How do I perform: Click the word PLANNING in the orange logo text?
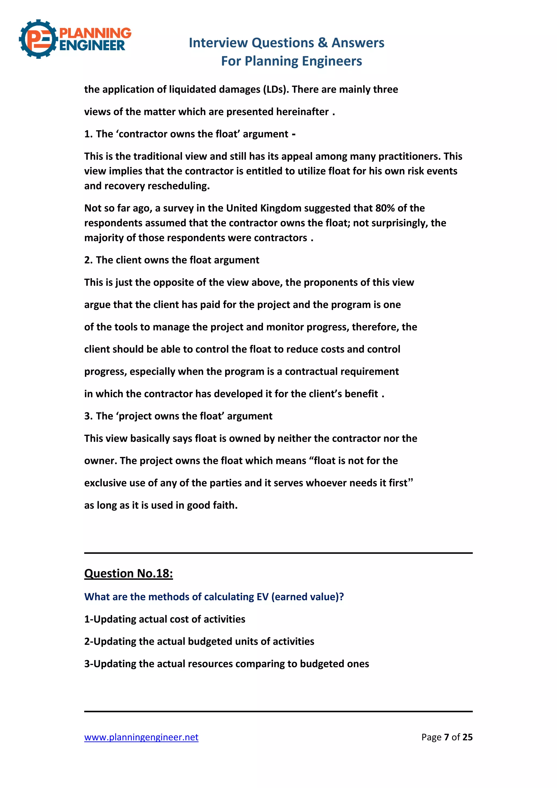click(95, 33)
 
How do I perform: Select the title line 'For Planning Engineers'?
click(291, 61)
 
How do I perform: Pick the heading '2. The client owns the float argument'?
click(172, 260)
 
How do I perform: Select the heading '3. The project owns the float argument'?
click(178, 416)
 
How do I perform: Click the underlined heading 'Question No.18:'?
click(128, 574)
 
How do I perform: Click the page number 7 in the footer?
click(446, 737)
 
